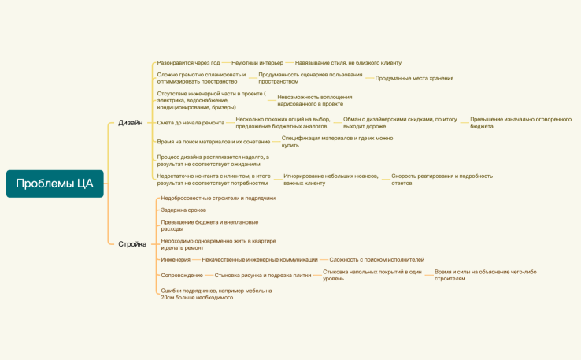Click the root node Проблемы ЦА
(x=54, y=184)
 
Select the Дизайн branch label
(x=130, y=123)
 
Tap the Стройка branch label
(x=132, y=244)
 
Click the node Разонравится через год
(x=188, y=62)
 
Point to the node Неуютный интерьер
(x=257, y=62)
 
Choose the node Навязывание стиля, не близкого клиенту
(x=348, y=62)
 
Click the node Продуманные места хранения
(x=414, y=78)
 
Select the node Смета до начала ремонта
(x=191, y=122)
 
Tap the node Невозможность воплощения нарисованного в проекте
(x=315, y=100)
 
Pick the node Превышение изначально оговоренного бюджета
(x=520, y=122)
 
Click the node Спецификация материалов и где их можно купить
(x=337, y=142)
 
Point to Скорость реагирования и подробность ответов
(x=442, y=180)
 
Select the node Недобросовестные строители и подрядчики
(x=218, y=198)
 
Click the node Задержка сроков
(x=183, y=210)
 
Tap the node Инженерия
(x=176, y=259)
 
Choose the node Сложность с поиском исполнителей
(x=376, y=259)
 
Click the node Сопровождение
(x=182, y=275)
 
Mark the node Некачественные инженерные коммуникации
(x=260, y=259)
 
